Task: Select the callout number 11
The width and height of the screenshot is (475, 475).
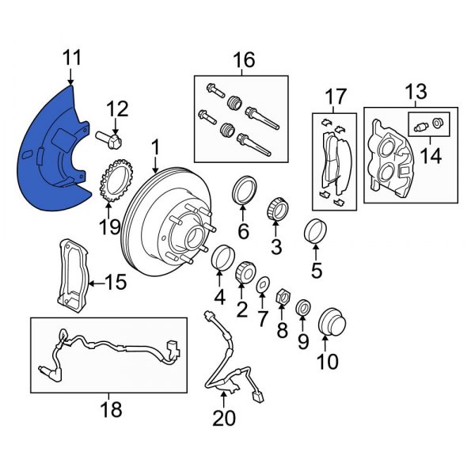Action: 72,59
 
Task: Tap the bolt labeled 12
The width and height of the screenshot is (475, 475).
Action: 112,142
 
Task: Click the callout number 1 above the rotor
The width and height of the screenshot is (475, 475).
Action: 155,146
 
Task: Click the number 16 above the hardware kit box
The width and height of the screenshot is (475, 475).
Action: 243,60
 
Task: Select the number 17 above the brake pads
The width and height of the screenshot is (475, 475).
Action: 336,97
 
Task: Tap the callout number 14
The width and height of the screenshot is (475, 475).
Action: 431,155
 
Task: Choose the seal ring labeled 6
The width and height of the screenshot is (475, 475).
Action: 243,191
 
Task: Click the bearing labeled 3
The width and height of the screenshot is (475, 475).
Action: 277,208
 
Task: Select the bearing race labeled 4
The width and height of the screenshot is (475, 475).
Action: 222,256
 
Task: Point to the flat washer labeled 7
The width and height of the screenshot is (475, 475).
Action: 263,283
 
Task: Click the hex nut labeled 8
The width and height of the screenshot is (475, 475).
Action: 281,298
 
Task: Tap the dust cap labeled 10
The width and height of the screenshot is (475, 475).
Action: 328,324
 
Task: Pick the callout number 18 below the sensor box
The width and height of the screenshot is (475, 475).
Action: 112,409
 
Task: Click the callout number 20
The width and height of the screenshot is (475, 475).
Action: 225,417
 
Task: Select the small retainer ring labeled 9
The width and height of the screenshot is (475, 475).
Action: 302,307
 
